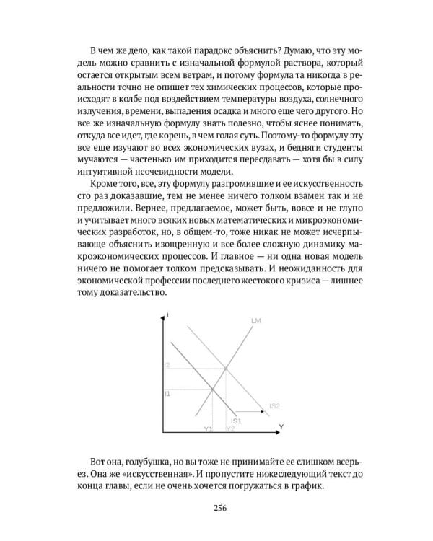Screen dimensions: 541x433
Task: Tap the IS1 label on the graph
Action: [x=236, y=421]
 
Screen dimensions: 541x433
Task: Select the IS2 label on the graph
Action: [x=274, y=406]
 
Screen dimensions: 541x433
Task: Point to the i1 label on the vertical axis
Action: [x=167, y=393]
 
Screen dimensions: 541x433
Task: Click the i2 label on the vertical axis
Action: [x=167, y=366]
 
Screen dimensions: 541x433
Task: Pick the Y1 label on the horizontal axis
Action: [x=209, y=429]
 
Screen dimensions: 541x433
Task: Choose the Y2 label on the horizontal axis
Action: [x=230, y=429]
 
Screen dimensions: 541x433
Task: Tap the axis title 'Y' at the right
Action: [x=281, y=427]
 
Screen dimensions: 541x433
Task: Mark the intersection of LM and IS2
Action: [x=227, y=368]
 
